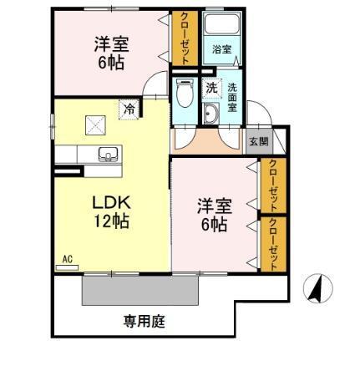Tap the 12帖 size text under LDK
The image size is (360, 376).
(110, 222)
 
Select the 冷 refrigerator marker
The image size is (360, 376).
(129, 108)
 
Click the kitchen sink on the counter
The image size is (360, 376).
(107, 153)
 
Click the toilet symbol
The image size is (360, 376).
(185, 94)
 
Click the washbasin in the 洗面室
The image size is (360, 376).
(211, 114)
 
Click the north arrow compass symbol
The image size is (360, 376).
(316, 289)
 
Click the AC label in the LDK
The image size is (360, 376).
(68, 260)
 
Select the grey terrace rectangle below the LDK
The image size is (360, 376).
(140, 291)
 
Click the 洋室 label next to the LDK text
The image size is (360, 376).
(213, 206)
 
